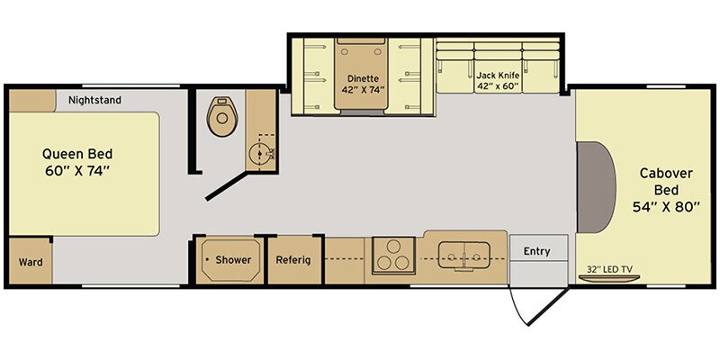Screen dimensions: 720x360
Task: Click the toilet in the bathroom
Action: (221, 116)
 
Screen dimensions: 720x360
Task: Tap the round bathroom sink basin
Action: (260, 153)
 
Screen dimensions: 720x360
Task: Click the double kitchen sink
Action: (464, 256)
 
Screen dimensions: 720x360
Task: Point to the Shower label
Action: (233, 260)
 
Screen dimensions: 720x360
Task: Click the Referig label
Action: (293, 260)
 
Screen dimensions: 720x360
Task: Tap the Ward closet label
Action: (31, 262)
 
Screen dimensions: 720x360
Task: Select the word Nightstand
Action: (95, 100)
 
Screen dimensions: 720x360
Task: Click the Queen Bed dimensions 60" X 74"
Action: (77, 171)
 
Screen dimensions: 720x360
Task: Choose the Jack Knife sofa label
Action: (498, 75)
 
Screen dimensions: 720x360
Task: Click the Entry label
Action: (536, 251)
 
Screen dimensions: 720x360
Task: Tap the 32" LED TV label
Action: (606, 269)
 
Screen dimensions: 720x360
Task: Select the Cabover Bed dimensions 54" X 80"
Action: (666, 207)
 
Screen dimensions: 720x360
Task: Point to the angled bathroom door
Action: (227, 186)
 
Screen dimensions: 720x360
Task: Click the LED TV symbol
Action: (609, 278)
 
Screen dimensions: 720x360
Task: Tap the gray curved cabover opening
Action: (596, 187)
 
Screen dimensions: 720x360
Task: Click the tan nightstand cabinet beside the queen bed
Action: (32, 101)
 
